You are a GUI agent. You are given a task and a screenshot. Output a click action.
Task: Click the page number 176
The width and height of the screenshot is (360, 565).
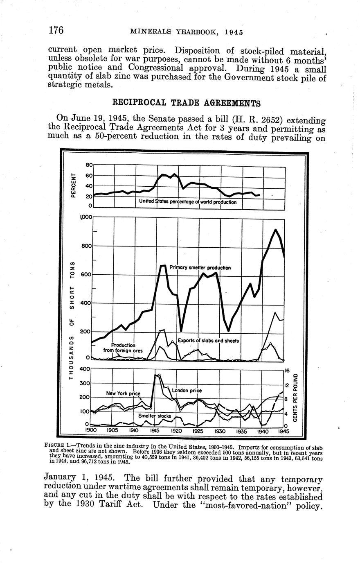click(x=55, y=31)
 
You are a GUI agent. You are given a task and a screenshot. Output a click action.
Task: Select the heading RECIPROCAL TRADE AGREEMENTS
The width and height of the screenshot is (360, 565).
click(x=186, y=102)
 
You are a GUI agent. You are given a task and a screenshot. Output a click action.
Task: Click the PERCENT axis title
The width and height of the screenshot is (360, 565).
click(x=74, y=185)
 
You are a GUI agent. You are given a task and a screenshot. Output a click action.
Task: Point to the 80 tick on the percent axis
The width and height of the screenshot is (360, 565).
click(x=89, y=165)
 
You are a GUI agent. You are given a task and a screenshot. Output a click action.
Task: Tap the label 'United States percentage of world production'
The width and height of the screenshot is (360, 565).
click(x=187, y=202)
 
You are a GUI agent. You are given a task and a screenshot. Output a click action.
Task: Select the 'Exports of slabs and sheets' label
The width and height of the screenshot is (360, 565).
click(x=208, y=341)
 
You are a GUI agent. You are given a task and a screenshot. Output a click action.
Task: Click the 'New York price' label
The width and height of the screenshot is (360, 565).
click(x=123, y=393)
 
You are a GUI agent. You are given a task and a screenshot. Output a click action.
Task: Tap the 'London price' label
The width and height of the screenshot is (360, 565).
click(x=187, y=391)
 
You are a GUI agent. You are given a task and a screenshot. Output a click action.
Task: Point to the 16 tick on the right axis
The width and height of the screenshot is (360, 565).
click(x=288, y=371)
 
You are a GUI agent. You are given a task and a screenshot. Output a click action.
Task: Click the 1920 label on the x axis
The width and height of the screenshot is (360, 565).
click(x=176, y=431)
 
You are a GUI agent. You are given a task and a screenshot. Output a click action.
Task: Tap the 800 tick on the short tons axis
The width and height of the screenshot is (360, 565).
click(x=86, y=246)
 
